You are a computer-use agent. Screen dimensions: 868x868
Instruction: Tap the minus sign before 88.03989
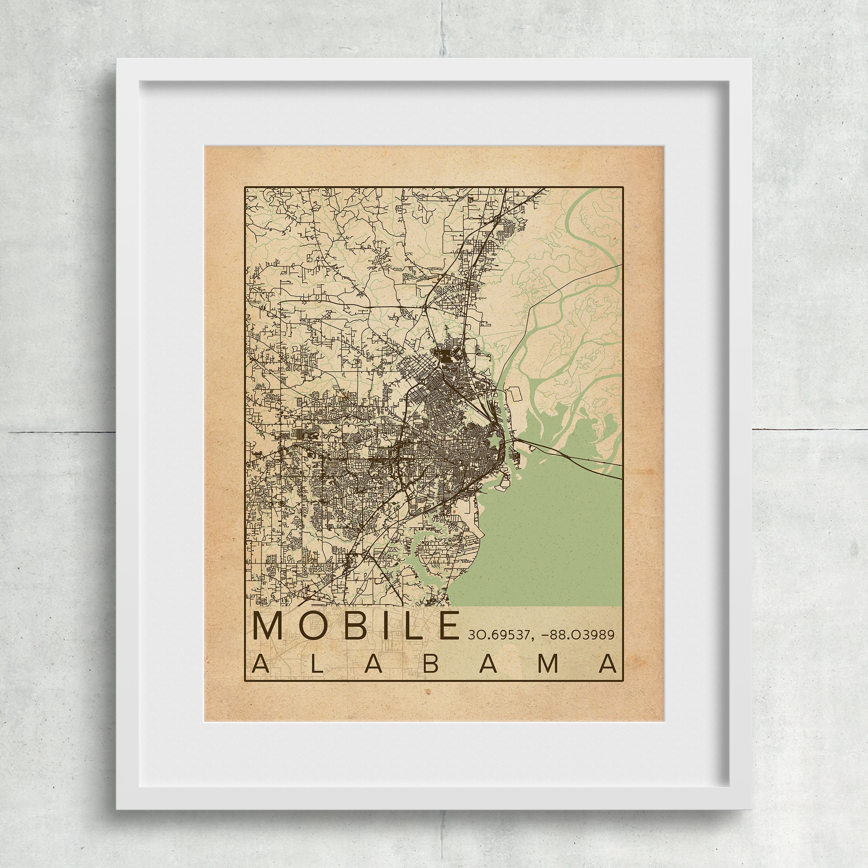pyautogui.click(x=546, y=635)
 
